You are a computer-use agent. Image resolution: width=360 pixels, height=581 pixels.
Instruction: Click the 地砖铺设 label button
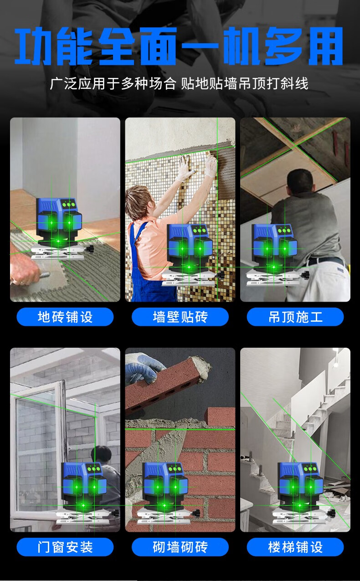coord(65,317)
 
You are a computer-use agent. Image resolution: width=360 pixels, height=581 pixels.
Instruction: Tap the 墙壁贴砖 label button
coord(180,317)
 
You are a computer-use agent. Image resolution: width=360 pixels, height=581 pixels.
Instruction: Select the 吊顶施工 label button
coord(295,317)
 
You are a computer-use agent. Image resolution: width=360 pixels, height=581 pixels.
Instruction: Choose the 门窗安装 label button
coord(65,547)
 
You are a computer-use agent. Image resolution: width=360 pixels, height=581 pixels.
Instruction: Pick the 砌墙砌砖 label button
coord(180,547)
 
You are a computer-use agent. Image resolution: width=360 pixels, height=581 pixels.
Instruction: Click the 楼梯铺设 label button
coord(295,547)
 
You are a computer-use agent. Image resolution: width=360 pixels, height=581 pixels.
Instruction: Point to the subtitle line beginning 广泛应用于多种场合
coord(179,83)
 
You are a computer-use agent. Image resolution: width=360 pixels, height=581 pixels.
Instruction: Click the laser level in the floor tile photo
coord(62,228)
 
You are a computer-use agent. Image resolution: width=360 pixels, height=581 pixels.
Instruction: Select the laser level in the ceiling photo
coord(278,255)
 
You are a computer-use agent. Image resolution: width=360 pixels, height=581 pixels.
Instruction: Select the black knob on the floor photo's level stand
coord(90,249)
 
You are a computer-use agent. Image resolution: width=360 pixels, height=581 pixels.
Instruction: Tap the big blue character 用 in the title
coord(325,46)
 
